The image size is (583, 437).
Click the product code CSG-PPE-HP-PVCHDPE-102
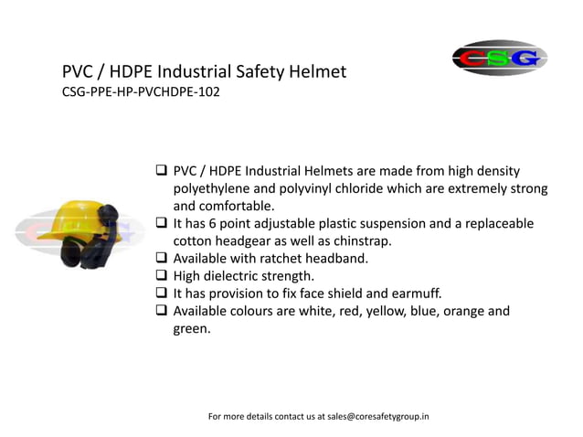141,91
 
